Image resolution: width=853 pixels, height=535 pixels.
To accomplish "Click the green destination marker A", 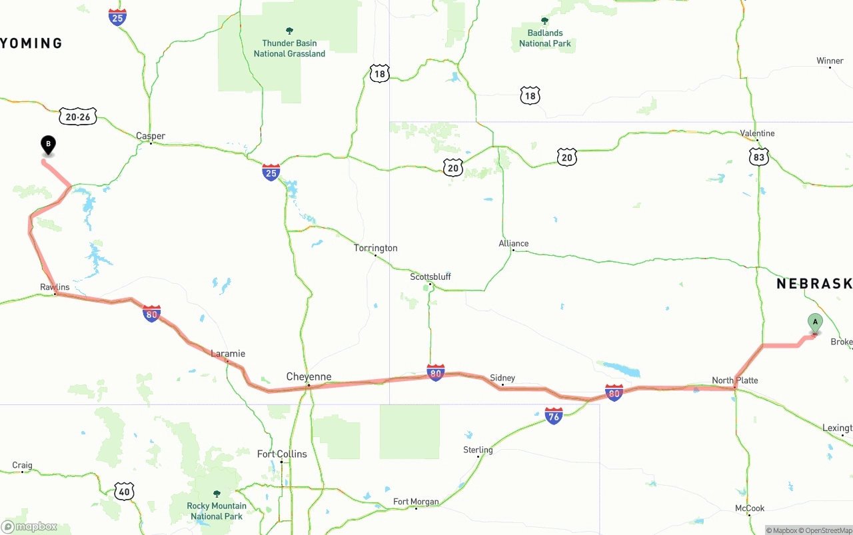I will pos(815,322).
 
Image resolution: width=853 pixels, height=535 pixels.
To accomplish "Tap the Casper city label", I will pos(151,136).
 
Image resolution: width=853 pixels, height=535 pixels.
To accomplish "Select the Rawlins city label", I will pos(55,287).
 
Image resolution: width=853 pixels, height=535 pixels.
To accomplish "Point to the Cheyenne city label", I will pos(309,376).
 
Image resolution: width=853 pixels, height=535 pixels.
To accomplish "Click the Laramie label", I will pos(228,354).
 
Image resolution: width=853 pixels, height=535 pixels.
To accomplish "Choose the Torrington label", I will pos(376,248).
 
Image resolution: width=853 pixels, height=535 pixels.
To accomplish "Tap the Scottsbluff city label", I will pos(430,276).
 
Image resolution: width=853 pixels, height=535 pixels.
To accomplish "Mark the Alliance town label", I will pos(514,243).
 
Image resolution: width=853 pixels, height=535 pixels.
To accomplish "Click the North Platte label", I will pos(735,380).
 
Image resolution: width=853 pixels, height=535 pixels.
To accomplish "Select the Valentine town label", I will pos(758,133).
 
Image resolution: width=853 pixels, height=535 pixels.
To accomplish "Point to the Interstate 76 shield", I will pos(554,416).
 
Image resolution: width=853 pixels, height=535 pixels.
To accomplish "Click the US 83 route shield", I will pos(758,157).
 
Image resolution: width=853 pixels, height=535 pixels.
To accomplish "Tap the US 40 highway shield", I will pos(125,492).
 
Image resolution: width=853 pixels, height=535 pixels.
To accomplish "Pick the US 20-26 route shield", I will pos(78,117).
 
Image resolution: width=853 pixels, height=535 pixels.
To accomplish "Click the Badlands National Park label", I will pos(545,38).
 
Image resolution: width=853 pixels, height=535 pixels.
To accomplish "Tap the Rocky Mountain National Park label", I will pos(217,511).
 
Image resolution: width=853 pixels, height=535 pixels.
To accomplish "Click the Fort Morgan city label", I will pos(416,502).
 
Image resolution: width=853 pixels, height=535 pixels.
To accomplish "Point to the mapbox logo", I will pos(29,526).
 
